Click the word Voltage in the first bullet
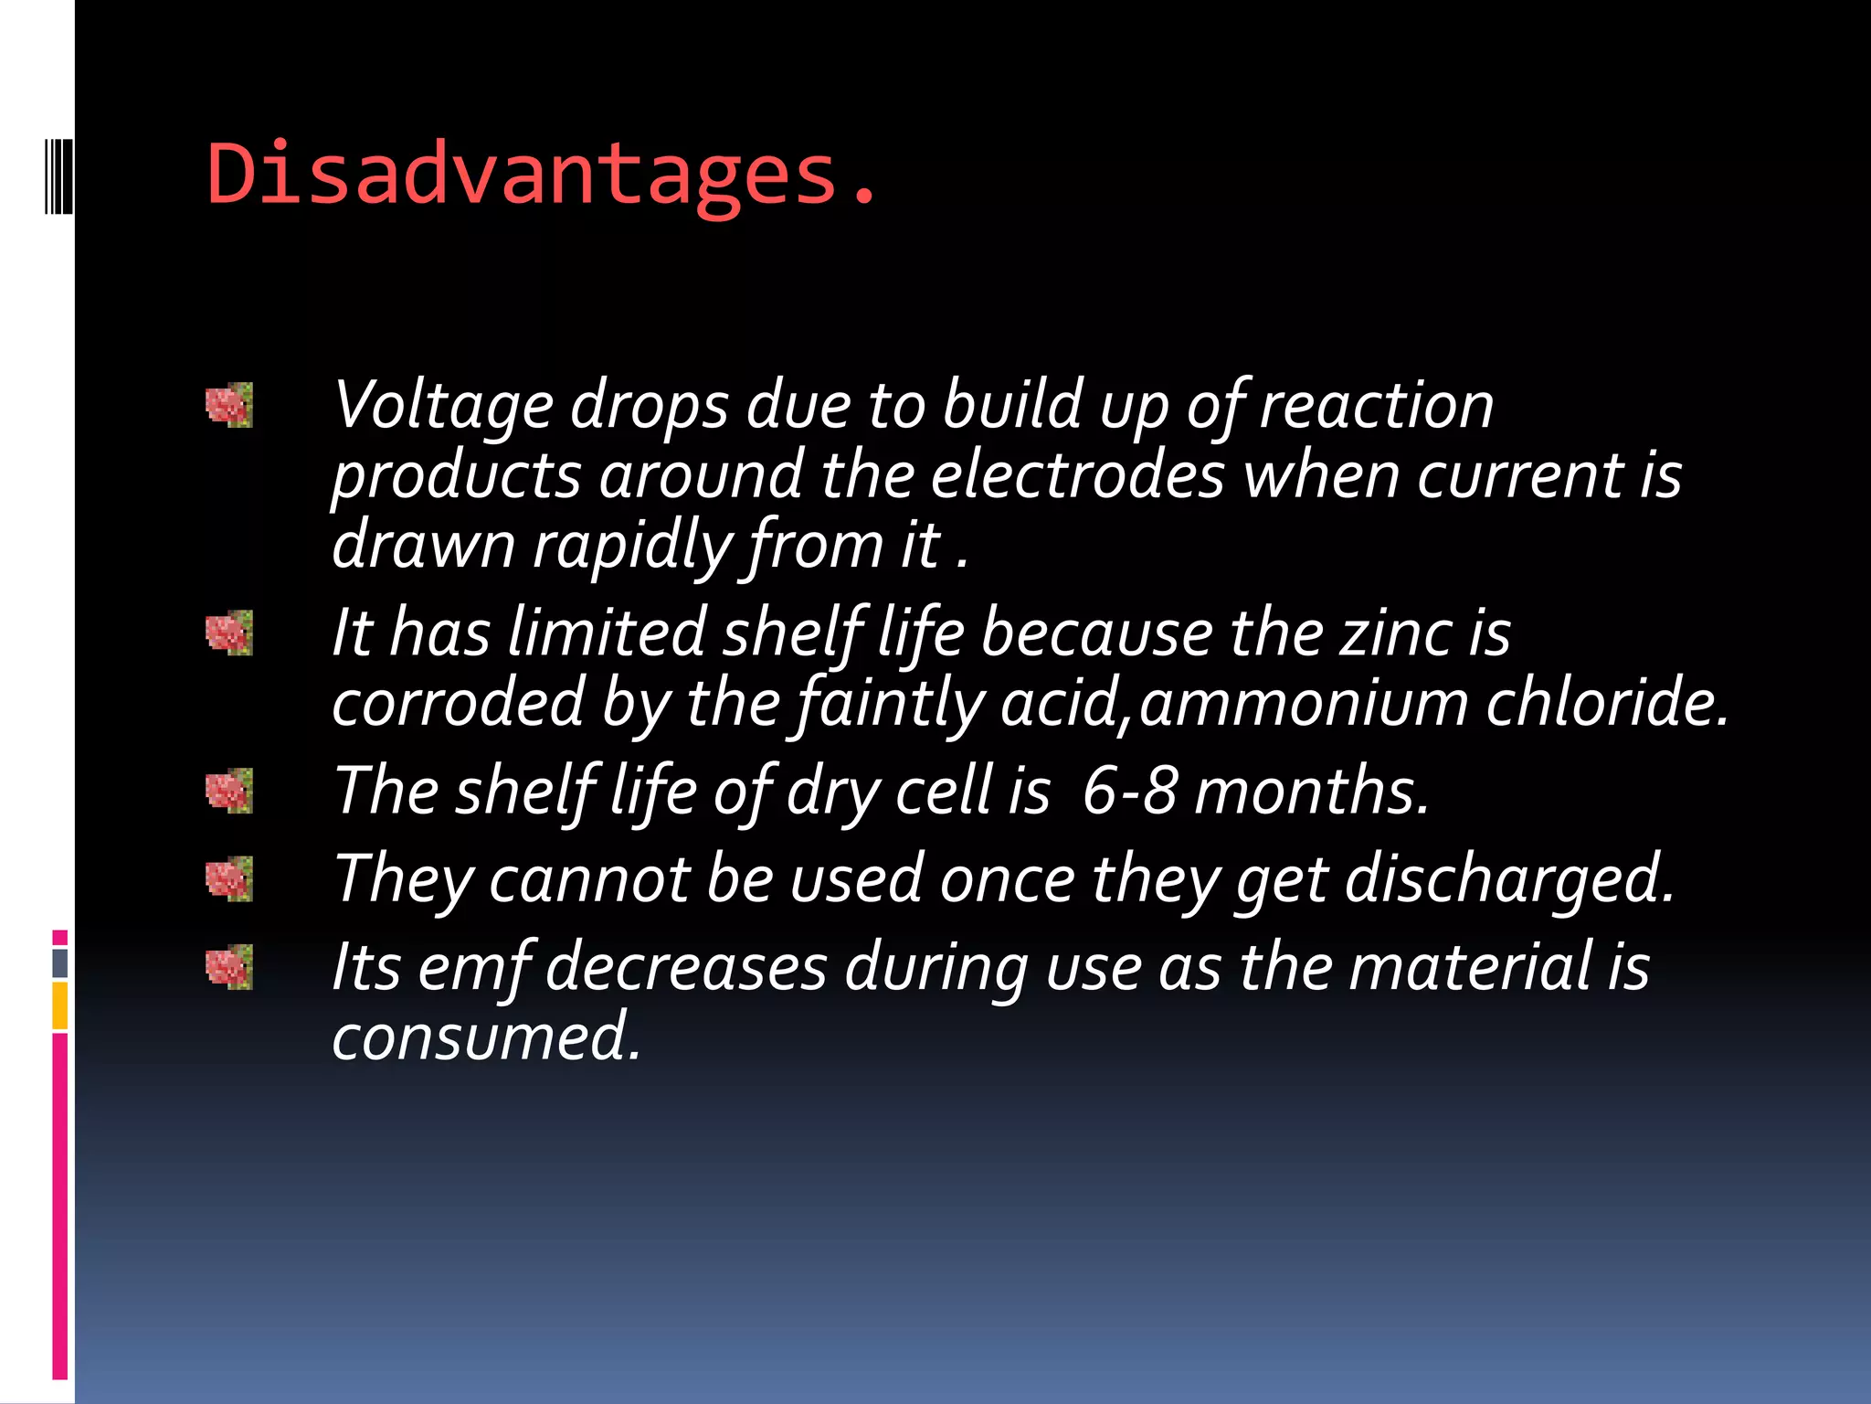[x=443, y=405]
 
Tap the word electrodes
[x=1076, y=475]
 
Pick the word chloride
[x=1608, y=703]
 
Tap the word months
[x=1311, y=791]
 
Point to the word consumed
[x=486, y=1037]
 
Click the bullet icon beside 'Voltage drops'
[x=228, y=405]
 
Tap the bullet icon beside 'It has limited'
[x=228, y=633]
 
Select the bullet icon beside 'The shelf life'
[x=228, y=791]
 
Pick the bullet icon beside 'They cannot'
[x=228, y=878]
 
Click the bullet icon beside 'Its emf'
[x=228, y=967]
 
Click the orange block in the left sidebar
[x=60, y=1005]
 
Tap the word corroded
[x=458, y=703]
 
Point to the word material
[x=1470, y=967]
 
